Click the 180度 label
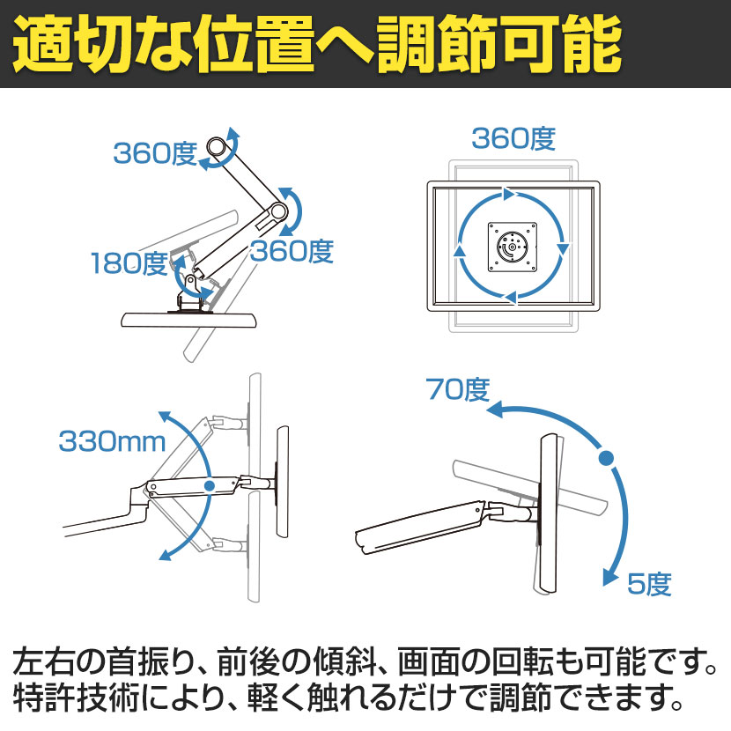click(129, 263)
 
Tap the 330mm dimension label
click(112, 441)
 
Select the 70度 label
click(457, 389)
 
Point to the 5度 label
click(649, 584)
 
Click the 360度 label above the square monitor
click(513, 138)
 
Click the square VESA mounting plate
click(513, 247)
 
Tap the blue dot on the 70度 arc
click(606, 457)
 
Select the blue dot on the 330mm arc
click(210, 486)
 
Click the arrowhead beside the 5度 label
click(610, 577)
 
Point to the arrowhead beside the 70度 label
click(495, 409)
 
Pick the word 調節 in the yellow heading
click(437, 44)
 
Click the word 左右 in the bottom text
click(44, 662)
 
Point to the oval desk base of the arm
click(188, 320)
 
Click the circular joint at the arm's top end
click(217, 147)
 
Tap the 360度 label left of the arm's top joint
click(155, 153)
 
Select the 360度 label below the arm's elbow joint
click(292, 251)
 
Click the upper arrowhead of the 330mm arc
click(164, 417)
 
